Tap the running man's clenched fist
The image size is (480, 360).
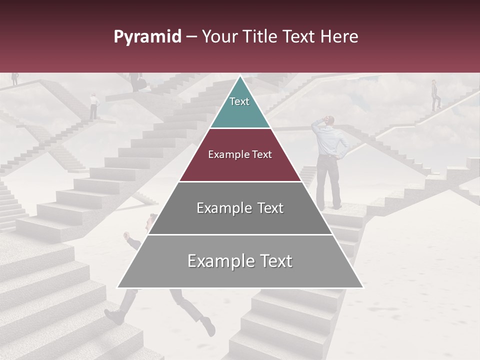pos(125,234)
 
